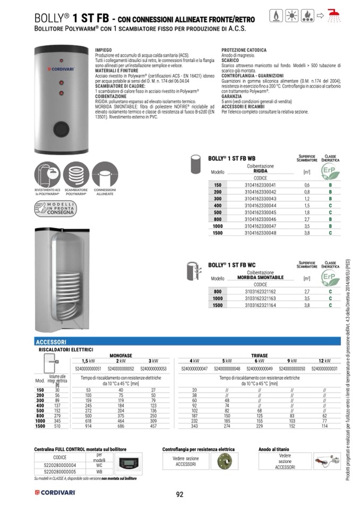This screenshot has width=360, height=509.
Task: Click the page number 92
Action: tap(179, 495)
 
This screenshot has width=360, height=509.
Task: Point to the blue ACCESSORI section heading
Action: tap(51, 342)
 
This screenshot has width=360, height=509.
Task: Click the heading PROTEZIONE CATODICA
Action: tap(244, 50)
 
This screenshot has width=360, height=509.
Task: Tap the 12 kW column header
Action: tap(324, 361)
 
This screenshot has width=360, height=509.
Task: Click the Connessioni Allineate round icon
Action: tap(105, 176)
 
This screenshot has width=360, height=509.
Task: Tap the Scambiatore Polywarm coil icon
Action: tap(76, 176)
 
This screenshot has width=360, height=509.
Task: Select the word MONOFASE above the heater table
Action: tap(121, 355)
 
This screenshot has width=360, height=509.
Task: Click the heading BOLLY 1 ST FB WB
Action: tap(232, 158)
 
